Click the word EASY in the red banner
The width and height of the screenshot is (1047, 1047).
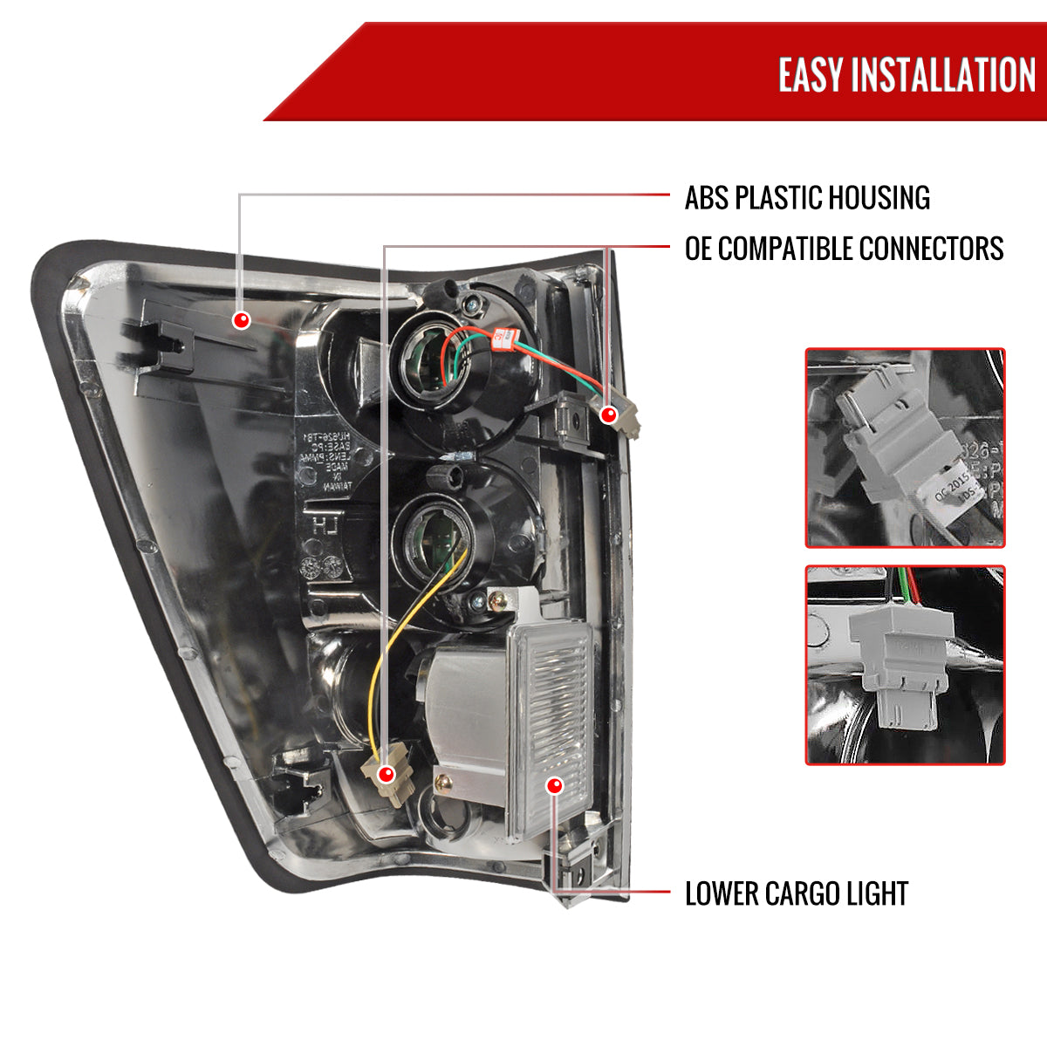pyautogui.click(x=811, y=75)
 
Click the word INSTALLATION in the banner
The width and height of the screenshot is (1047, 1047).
pyautogui.click(x=943, y=75)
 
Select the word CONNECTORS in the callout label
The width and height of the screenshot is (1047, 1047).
pyautogui.click(x=931, y=249)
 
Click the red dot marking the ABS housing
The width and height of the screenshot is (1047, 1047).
pyautogui.click(x=242, y=320)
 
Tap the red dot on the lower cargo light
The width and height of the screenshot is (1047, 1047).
pyautogui.click(x=554, y=785)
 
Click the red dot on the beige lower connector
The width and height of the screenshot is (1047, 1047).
pyautogui.click(x=386, y=773)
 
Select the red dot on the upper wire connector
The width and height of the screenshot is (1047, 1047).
pyautogui.click(x=609, y=415)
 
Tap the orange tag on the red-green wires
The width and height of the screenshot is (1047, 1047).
pyautogui.click(x=503, y=337)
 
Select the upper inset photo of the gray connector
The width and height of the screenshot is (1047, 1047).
pyautogui.click(x=905, y=448)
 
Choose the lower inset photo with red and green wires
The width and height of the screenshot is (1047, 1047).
pyautogui.click(x=905, y=665)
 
